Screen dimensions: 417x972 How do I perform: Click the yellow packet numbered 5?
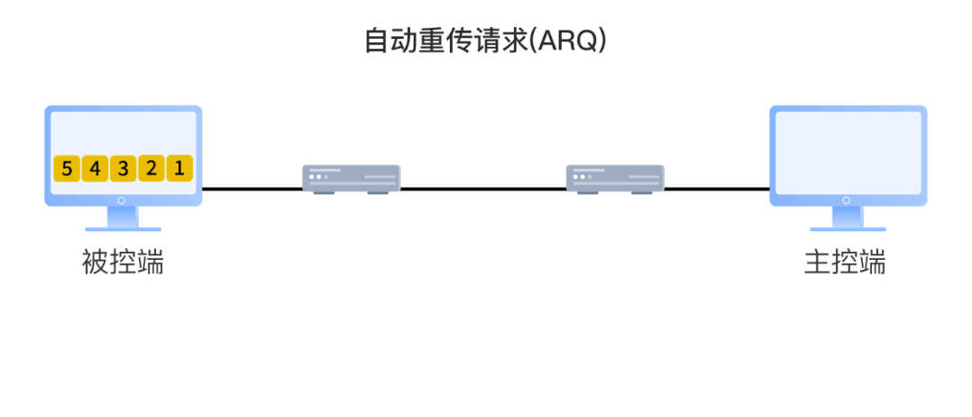point(67,168)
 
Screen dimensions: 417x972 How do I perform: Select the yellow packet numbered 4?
point(95,168)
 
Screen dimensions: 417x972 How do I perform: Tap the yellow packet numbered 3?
point(123,168)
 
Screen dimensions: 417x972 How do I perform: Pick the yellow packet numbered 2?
point(151,168)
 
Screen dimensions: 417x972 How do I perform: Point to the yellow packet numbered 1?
point(179,168)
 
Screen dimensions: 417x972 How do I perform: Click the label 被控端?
point(123,263)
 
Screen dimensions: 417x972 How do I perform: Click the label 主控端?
point(845,263)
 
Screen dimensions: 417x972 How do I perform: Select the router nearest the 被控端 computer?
point(351,178)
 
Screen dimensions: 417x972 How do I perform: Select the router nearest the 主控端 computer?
point(615,178)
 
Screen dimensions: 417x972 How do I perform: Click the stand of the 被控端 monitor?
point(123,218)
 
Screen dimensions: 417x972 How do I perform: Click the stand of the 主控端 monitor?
point(847,218)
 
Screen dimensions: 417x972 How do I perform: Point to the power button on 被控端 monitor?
point(123,199)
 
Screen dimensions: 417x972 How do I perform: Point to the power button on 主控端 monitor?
point(847,199)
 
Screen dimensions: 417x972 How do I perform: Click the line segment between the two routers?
point(482,189)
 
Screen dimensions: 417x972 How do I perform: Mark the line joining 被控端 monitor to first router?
point(252,189)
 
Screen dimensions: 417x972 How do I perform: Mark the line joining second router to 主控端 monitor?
point(717,189)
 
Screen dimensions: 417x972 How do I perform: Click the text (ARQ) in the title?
point(567,42)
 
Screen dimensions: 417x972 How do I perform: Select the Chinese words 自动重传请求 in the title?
point(445,42)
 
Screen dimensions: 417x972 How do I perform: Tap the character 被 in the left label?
point(96,263)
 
